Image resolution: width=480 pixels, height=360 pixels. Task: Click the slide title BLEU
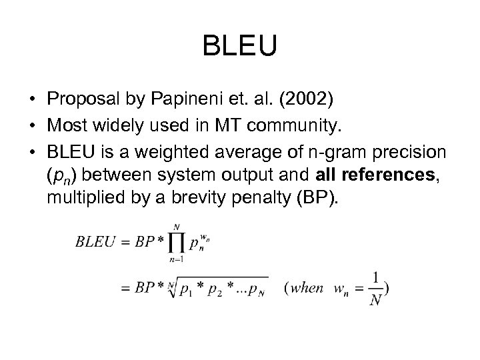(239, 47)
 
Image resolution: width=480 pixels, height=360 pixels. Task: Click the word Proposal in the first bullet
(78, 99)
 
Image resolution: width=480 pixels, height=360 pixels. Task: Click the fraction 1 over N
(376, 289)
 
